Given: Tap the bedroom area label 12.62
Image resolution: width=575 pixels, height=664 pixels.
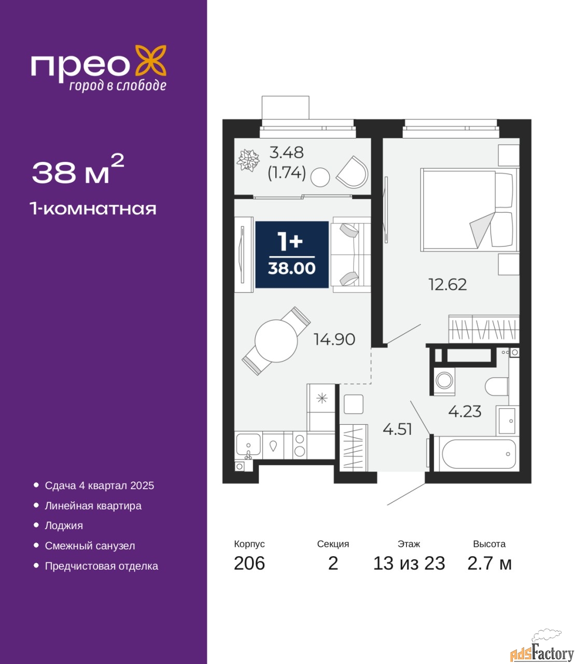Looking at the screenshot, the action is click(x=447, y=285).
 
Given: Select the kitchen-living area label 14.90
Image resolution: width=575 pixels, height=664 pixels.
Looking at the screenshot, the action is click(x=334, y=339).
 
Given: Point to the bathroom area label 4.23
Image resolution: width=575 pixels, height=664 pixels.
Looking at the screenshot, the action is click(x=465, y=411).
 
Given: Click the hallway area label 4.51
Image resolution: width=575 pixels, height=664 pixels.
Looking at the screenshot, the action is click(x=398, y=429).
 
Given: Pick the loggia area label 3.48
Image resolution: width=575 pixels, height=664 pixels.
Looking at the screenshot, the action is click(x=286, y=153).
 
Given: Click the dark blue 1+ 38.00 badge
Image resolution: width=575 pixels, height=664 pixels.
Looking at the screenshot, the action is click(x=292, y=254).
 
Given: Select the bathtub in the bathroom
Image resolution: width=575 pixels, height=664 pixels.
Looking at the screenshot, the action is click(x=479, y=454).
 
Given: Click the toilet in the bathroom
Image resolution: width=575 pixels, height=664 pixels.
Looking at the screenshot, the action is click(x=497, y=387).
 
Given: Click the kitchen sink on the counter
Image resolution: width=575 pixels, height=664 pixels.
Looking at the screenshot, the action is click(x=248, y=445).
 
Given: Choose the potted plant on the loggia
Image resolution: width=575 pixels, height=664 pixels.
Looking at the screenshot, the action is click(x=248, y=160).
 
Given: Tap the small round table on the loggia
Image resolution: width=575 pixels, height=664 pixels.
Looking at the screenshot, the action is click(x=320, y=177).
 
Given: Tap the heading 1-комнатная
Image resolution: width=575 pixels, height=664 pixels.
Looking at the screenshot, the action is click(x=93, y=209).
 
